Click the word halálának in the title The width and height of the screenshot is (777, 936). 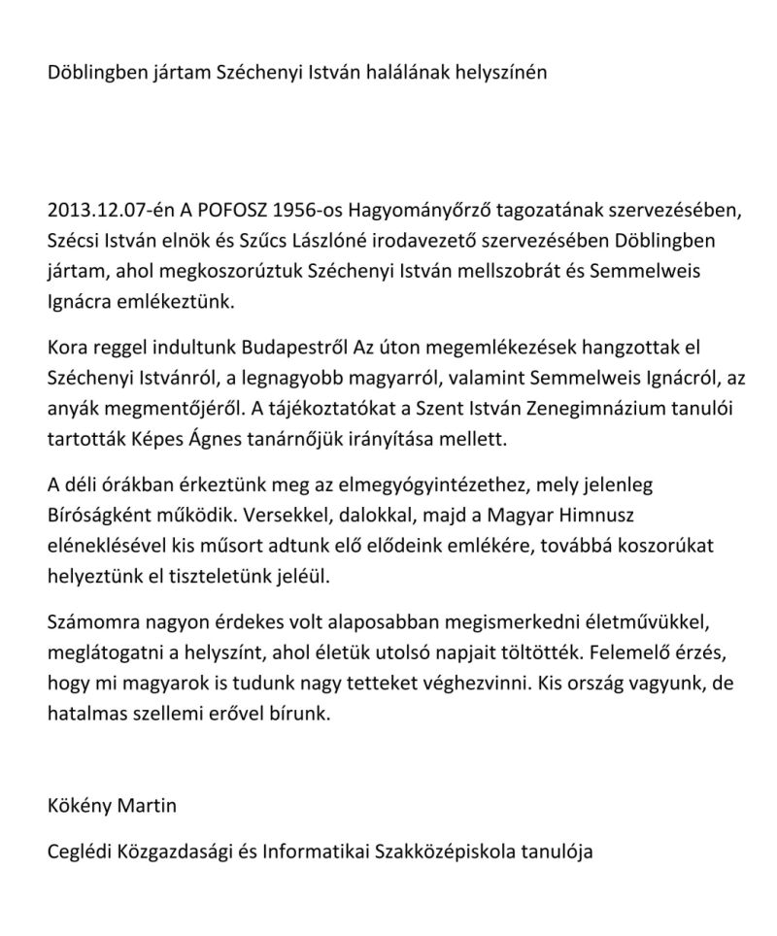point(409,74)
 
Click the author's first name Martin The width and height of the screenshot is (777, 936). point(153,805)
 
